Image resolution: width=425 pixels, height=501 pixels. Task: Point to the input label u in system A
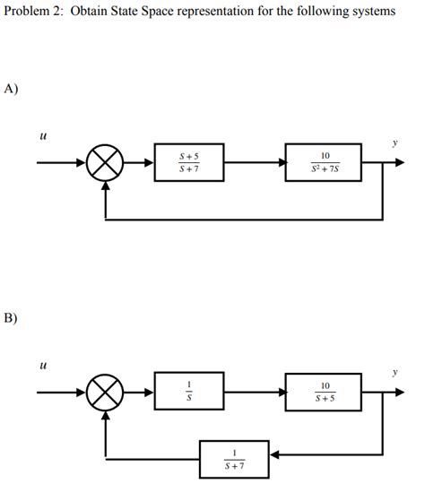(x=42, y=136)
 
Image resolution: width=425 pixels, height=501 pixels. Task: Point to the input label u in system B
(x=42, y=365)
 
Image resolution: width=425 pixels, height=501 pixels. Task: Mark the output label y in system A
(x=395, y=141)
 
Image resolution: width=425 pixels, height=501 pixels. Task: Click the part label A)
(x=12, y=88)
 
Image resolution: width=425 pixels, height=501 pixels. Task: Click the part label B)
(x=12, y=316)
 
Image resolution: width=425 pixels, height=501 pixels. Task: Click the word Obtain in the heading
(x=89, y=12)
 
